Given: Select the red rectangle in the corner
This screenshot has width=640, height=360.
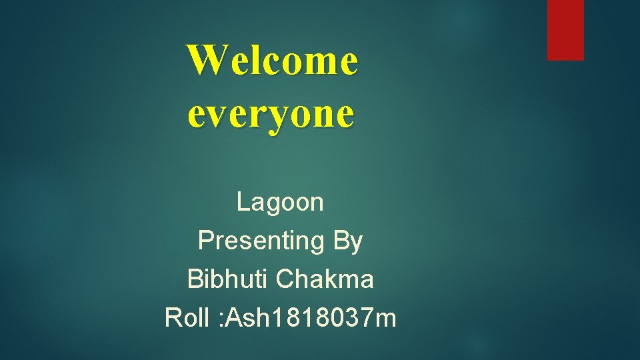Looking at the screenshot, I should point(565,30).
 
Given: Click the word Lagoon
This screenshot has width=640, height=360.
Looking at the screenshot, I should point(280,202).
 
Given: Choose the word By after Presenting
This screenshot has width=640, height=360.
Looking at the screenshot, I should point(347,241).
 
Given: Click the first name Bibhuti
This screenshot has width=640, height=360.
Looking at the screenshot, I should point(228,279).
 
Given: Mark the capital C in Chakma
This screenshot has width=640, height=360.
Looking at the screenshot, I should point(284,279).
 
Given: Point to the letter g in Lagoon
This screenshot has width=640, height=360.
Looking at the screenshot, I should point(274,205).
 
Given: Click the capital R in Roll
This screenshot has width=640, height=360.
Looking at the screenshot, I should point(173,318).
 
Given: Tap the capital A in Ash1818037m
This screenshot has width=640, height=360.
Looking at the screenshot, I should point(236,318).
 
